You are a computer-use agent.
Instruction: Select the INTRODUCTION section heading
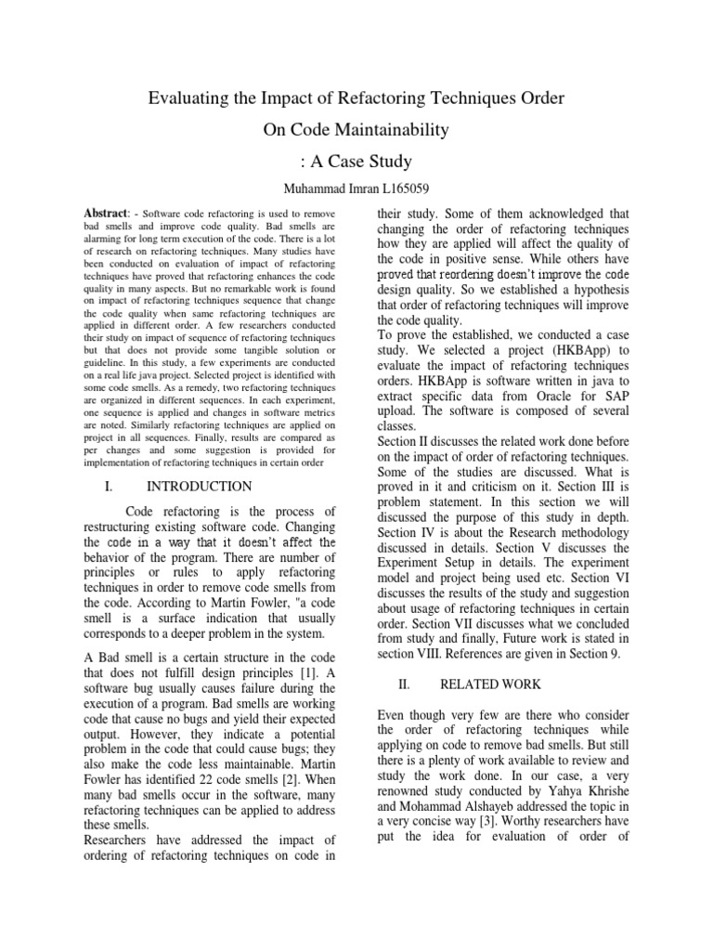click(199, 486)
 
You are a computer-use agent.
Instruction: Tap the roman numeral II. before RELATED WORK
click(403, 684)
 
